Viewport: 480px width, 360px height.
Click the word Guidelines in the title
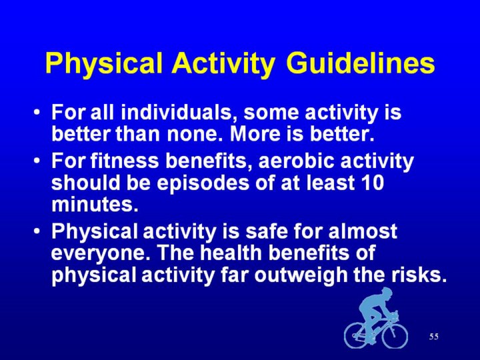[361, 63]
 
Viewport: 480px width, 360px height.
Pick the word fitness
[125, 161]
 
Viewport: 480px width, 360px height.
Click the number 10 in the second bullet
[372, 183]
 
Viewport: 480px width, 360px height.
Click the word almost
[363, 231]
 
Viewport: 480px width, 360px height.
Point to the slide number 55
[434, 337]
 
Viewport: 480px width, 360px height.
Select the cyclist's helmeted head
[385, 293]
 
